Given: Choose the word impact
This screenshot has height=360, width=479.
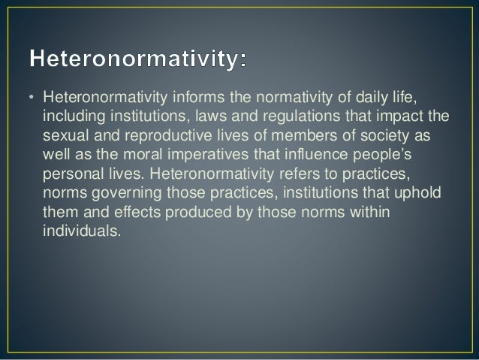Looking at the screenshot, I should (407, 116).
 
